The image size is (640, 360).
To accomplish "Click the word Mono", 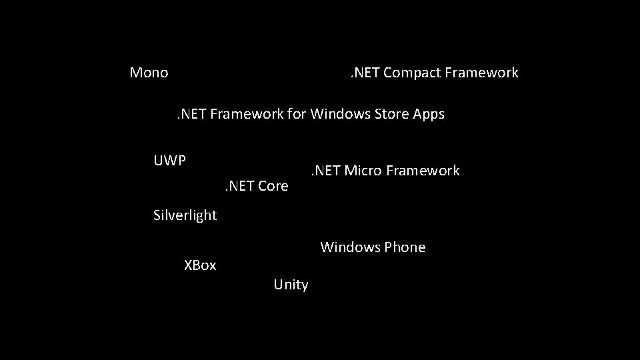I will [x=149, y=73].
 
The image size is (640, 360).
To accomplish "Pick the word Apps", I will [x=429, y=115].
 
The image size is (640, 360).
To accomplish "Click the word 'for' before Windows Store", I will [x=297, y=114].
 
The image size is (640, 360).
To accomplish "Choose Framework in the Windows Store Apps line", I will [x=247, y=114].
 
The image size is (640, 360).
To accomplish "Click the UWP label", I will [x=169, y=161].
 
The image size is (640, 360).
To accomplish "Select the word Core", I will [x=273, y=186].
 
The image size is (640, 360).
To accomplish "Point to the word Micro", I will [x=364, y=171].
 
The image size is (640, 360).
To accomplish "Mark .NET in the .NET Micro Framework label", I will [x=325, y=171].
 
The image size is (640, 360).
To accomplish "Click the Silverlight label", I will [x=185, y=215].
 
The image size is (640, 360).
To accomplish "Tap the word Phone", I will [x=405, y=247].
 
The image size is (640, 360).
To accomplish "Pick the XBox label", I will [x=200, y=265].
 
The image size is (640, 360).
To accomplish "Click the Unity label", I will [x=291, y=285].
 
